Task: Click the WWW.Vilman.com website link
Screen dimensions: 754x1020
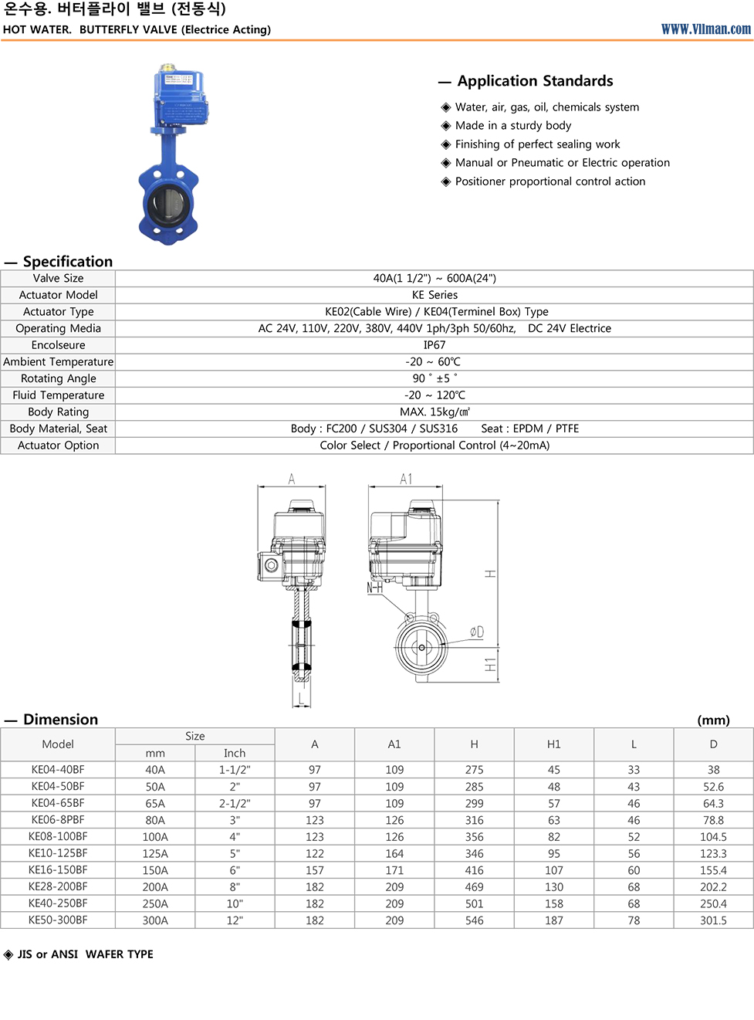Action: pyautogui.click(x=705, y=29)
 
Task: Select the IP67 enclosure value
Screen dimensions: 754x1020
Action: pyautogui.click(x=434, y=345)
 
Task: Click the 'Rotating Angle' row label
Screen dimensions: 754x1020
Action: pyautogui.click(x=59, y=378)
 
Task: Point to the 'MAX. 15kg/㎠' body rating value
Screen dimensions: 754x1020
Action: pyautogui.click(x=434, y=412)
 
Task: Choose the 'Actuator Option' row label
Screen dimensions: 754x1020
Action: pyautogui.click(x=59, y=446)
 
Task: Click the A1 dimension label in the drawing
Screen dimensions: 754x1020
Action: pyautogui.click(x=405, y=480)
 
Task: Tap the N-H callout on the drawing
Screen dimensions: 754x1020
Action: pyautogui.click(x=375, y=588)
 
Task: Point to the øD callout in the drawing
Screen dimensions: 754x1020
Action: pyautogui.click(x=477, y=632)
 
